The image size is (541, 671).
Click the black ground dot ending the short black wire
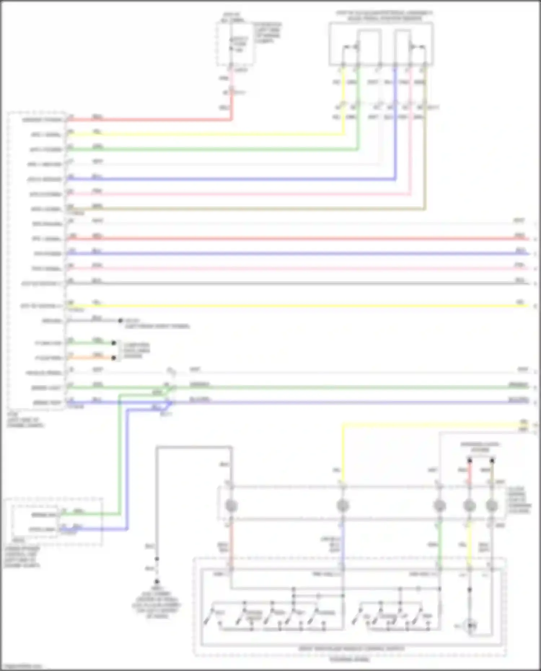coord(120,320)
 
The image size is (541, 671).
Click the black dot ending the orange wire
coord(114,358)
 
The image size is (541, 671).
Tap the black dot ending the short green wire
coord(114,343)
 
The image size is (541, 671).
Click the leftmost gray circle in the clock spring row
coord(231,506)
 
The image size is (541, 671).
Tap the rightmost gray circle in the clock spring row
coord(492,506)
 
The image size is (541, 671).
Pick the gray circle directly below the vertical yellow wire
coord(342,506)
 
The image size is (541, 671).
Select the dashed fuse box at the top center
coord(234,43)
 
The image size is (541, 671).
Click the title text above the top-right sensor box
coord(384,16)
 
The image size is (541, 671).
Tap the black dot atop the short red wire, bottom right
coord(470,460)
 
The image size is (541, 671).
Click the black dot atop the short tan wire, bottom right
coord(492,460)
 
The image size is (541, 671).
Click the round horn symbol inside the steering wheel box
coord(470,626)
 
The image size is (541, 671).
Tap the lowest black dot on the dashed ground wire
coord(157,581)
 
